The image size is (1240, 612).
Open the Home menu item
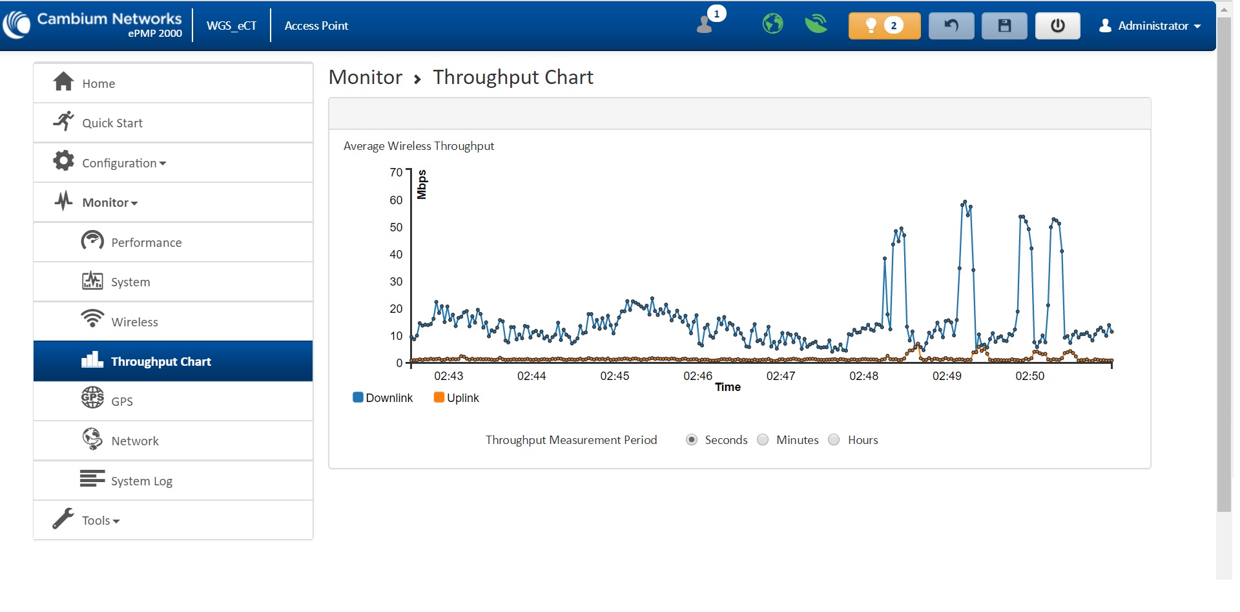(98, 83)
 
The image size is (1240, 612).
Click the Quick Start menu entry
(112, 123)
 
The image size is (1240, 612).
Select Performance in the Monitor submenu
(146, 242)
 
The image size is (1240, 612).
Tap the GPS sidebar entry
(121, 401)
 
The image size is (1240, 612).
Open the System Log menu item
(141, 481)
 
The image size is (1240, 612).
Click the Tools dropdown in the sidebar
(100, 520)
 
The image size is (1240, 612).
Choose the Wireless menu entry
(134, 322)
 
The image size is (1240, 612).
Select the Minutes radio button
(763, 439)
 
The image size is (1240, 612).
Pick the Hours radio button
(834, 439)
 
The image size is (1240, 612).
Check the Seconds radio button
(692, 439)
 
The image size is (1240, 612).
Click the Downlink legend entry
(383, 397)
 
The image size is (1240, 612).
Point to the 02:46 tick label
(697, 376)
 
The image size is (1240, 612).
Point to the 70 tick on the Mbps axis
(396, 173)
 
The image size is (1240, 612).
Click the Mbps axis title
(422, 184)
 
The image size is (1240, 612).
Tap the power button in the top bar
(1057, 26)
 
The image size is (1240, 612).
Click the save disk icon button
(1004, 26)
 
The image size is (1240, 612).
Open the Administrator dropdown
(1150, 26)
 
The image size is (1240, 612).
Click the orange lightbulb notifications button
(884, 26)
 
